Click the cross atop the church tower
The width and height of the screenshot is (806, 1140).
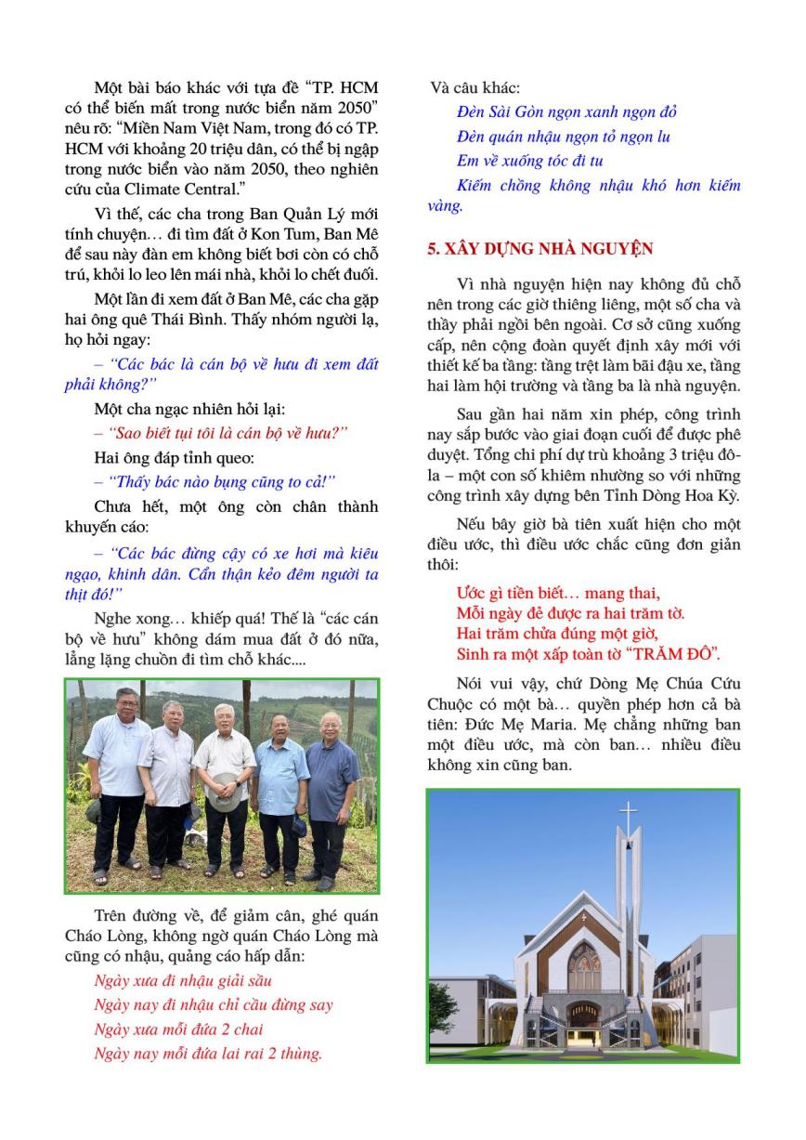629,820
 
